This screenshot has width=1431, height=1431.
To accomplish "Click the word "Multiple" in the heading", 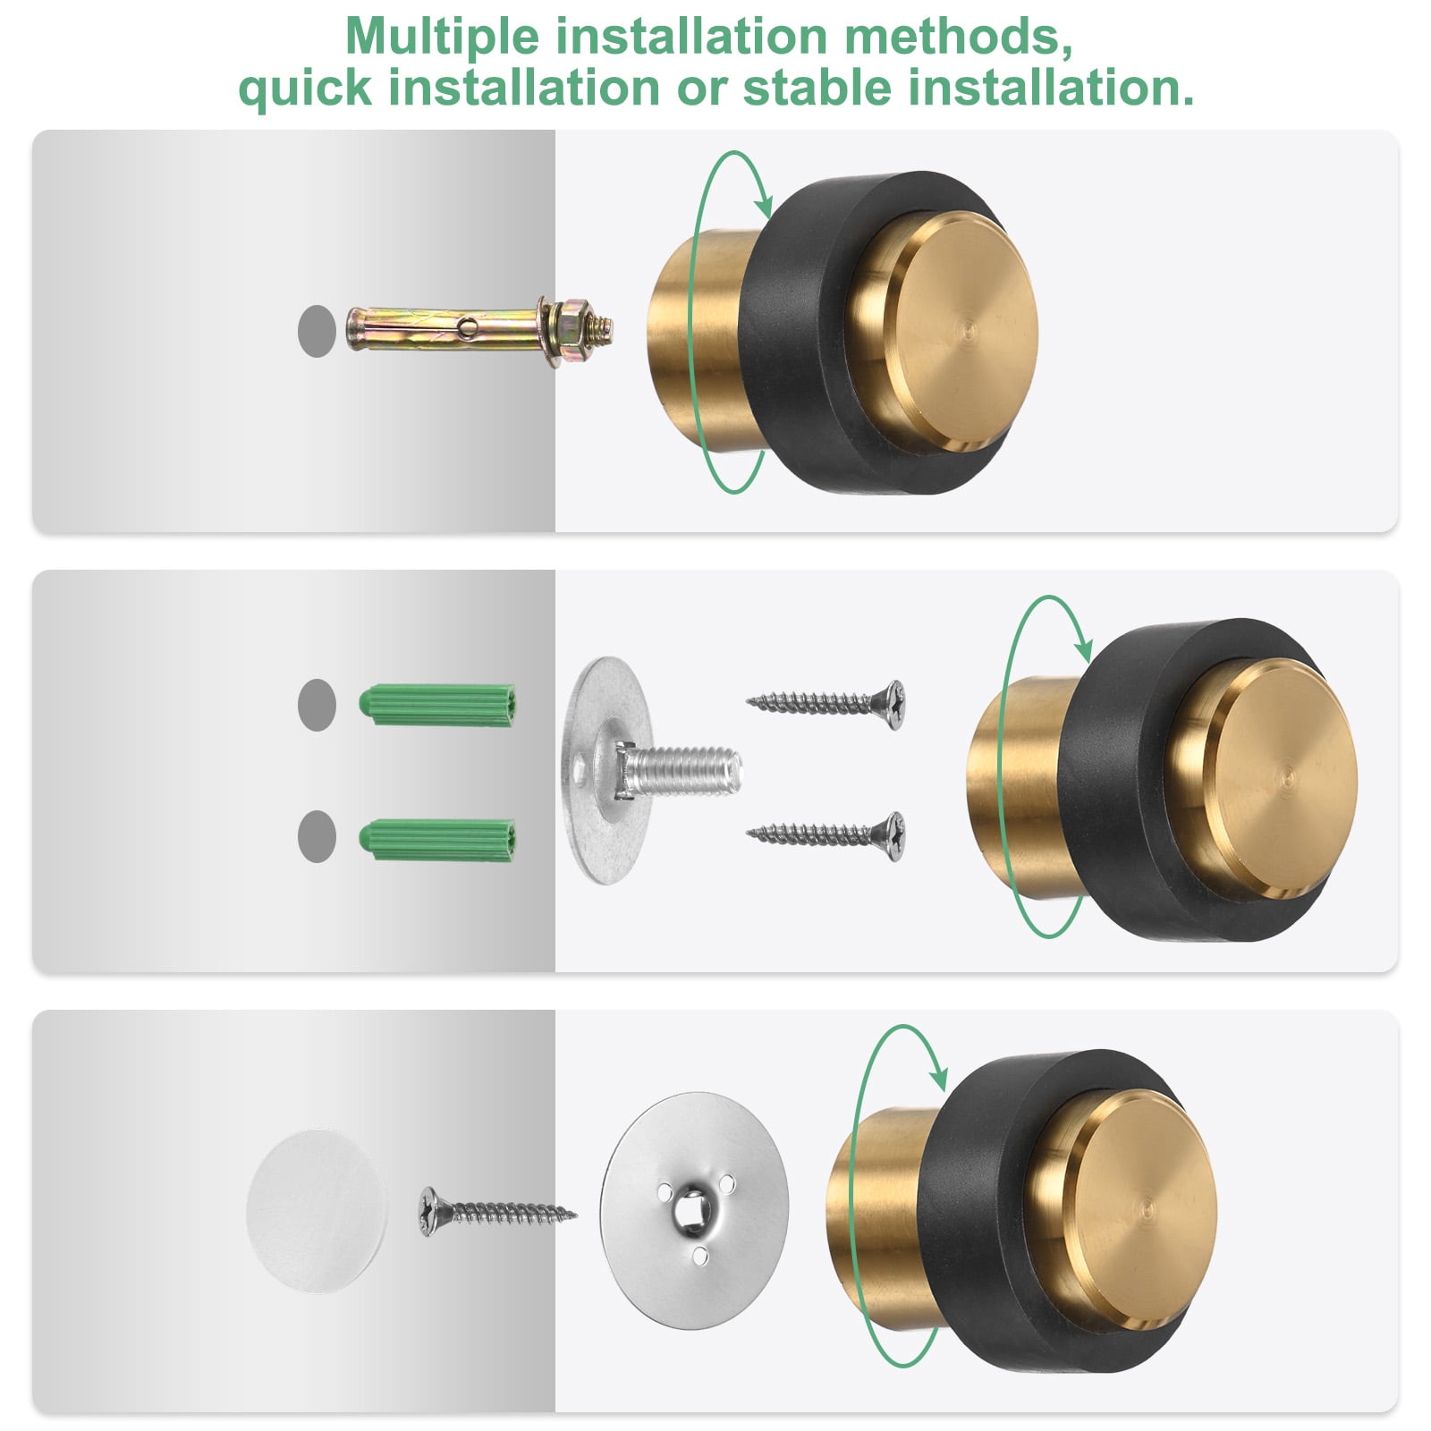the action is click(443, 37).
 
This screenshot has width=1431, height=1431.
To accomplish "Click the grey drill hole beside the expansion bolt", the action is click(317, 331).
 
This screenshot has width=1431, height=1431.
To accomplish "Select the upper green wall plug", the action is click(437, 705).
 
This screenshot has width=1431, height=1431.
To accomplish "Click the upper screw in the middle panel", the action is click(826, 703).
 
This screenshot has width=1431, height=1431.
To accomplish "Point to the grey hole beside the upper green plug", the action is click(317, 705).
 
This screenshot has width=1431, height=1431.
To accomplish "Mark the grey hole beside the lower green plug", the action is click(317, 836).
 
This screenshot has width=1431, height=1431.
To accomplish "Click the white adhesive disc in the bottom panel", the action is click(317, 1210).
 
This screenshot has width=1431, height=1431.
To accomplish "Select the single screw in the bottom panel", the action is click(497, 1213).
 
